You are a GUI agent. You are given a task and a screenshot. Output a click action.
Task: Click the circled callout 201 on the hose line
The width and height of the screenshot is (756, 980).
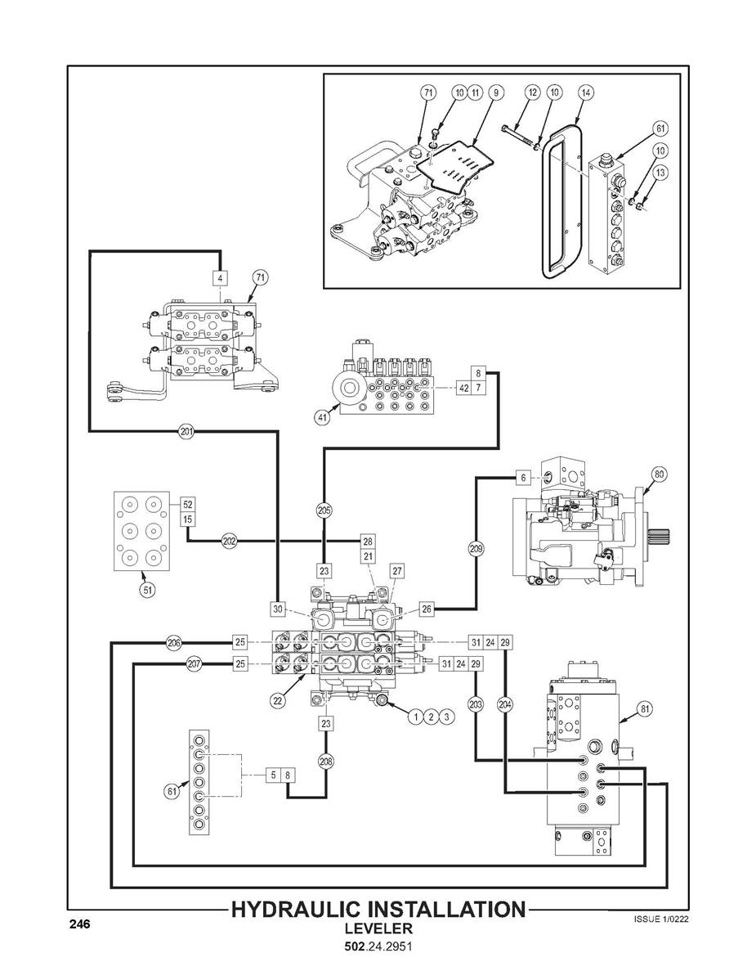186,430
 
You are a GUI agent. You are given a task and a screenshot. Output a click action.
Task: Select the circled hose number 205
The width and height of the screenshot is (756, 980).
324,510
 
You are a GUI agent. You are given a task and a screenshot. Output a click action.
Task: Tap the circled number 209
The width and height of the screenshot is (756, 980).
476,549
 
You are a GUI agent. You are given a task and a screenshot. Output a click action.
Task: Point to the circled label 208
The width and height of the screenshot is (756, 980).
326,762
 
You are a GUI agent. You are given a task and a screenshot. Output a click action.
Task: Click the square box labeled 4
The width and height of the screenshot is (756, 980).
220,276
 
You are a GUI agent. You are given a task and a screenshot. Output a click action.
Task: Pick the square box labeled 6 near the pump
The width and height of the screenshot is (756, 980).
524,478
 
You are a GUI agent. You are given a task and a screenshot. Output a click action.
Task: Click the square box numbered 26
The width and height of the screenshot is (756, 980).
426,609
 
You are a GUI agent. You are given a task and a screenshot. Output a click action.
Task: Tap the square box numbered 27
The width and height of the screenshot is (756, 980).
397,571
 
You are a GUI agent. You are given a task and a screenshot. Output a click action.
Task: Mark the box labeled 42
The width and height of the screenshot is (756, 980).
463,388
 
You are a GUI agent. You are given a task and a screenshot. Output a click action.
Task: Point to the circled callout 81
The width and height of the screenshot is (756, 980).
646,708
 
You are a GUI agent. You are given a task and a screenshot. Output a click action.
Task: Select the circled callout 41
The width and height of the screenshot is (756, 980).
322,418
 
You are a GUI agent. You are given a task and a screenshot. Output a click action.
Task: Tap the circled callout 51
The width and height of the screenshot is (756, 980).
147,589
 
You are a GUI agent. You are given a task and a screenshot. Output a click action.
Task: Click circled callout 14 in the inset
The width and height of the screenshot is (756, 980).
585,92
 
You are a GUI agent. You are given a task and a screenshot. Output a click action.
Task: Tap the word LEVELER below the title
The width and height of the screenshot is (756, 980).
378,928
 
